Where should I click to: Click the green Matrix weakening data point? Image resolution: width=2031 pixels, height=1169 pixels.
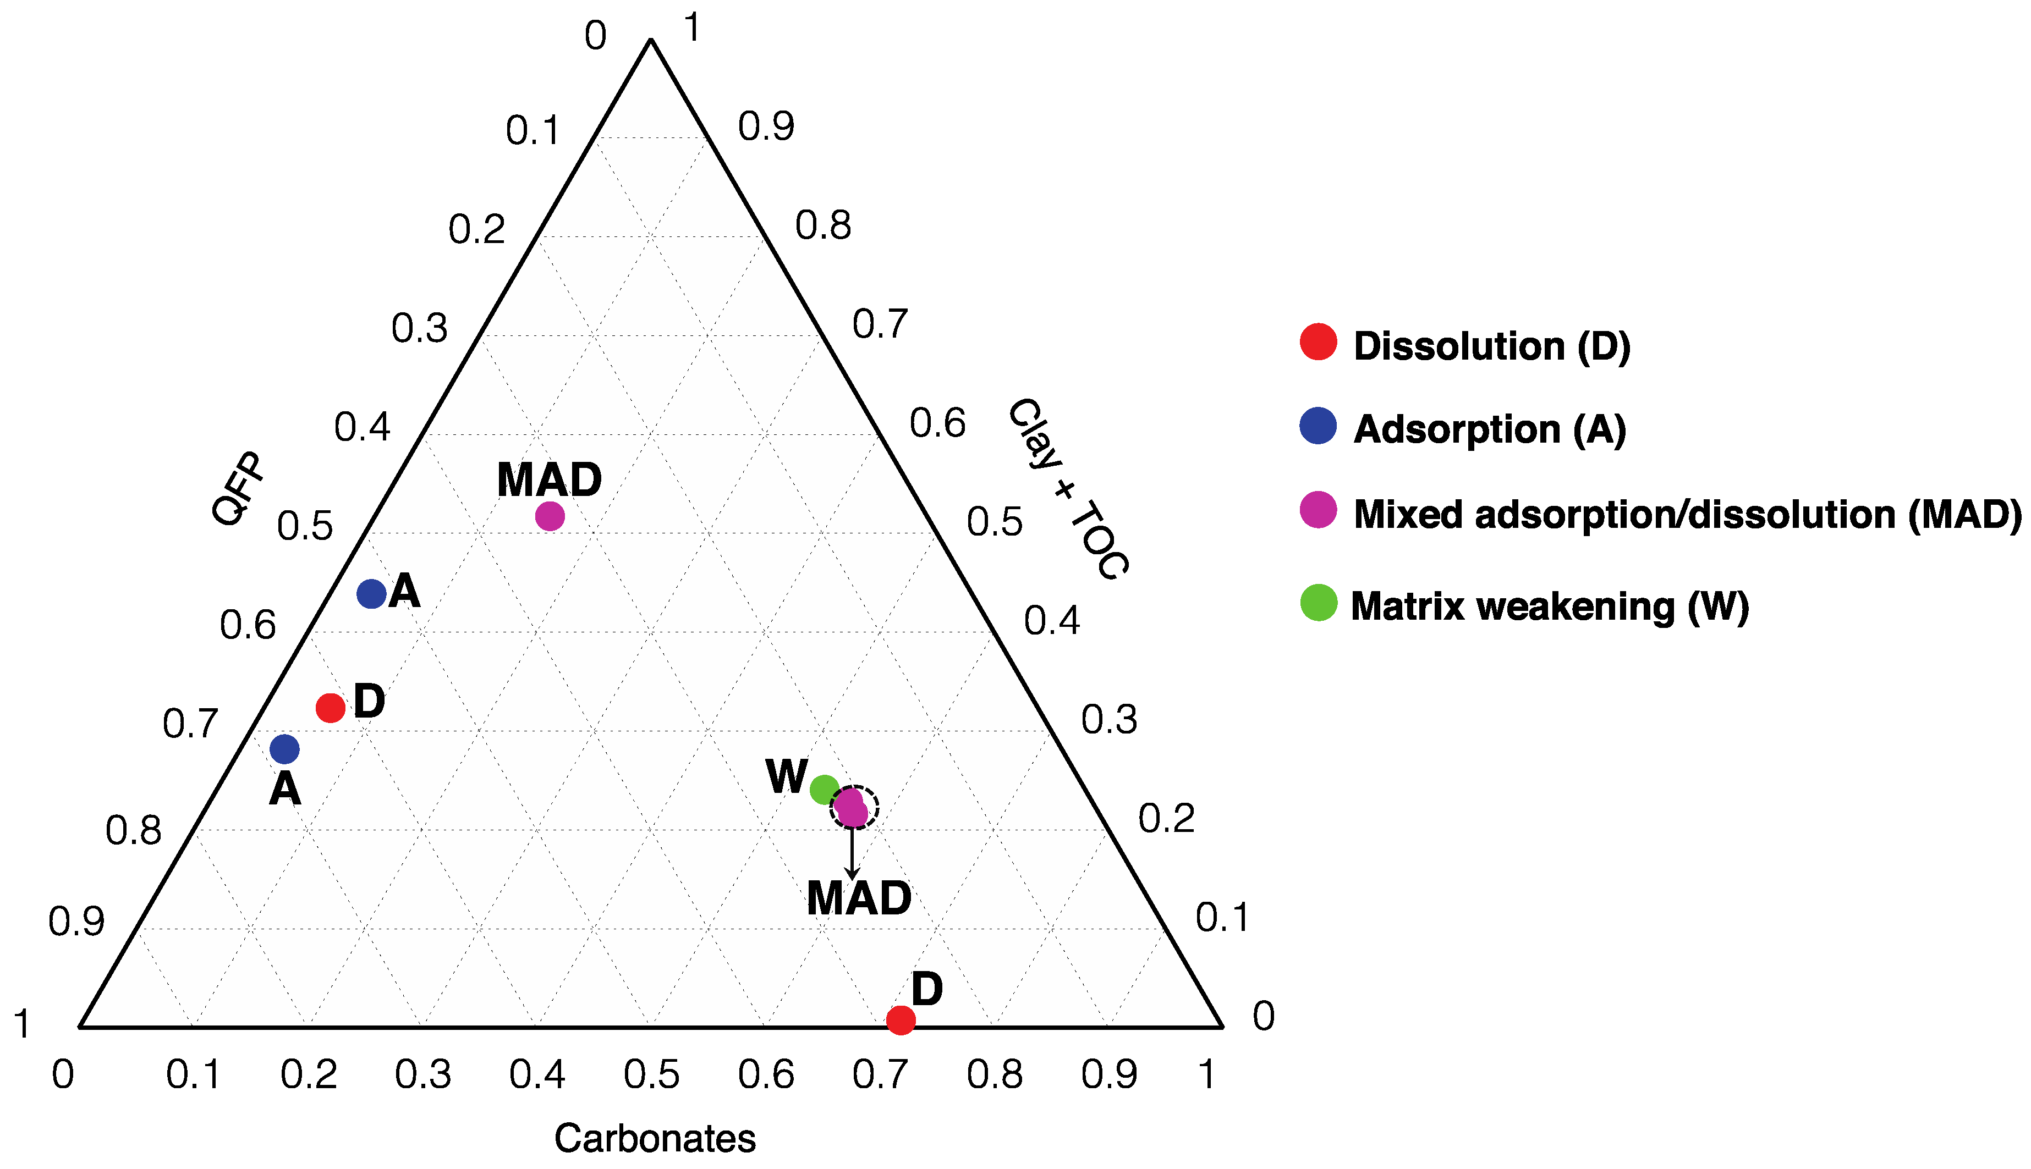click(825, 789)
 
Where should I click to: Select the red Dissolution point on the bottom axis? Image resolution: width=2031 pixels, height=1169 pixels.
click(901, 1019)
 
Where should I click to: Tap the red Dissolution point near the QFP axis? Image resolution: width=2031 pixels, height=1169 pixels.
click(330, 707)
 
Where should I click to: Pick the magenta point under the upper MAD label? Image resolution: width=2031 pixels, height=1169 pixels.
click(550, 515)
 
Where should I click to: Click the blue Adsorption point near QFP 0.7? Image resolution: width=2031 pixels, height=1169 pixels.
click(284, 749)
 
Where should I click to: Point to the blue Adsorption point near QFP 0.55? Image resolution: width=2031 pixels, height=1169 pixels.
click(371, 594)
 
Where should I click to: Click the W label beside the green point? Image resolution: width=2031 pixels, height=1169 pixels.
click(786, 776)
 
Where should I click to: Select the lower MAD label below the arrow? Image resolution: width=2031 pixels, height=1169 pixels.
click(859, 898)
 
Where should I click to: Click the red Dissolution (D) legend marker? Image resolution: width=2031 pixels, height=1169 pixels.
click(1318, 342)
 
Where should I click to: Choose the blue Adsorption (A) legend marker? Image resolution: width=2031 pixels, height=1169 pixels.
click(1318, 426)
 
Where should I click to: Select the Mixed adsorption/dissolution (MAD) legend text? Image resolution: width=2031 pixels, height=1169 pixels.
click(1687, 514)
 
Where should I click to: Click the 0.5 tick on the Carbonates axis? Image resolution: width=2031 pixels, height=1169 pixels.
click(651, 1074)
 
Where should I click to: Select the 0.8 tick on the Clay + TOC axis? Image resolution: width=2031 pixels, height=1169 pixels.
click(823, 225)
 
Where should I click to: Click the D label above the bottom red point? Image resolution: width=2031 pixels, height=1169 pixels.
click(927, 989)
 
